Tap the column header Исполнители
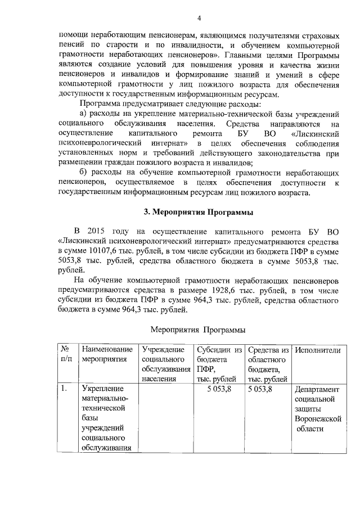coord(317,350)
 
